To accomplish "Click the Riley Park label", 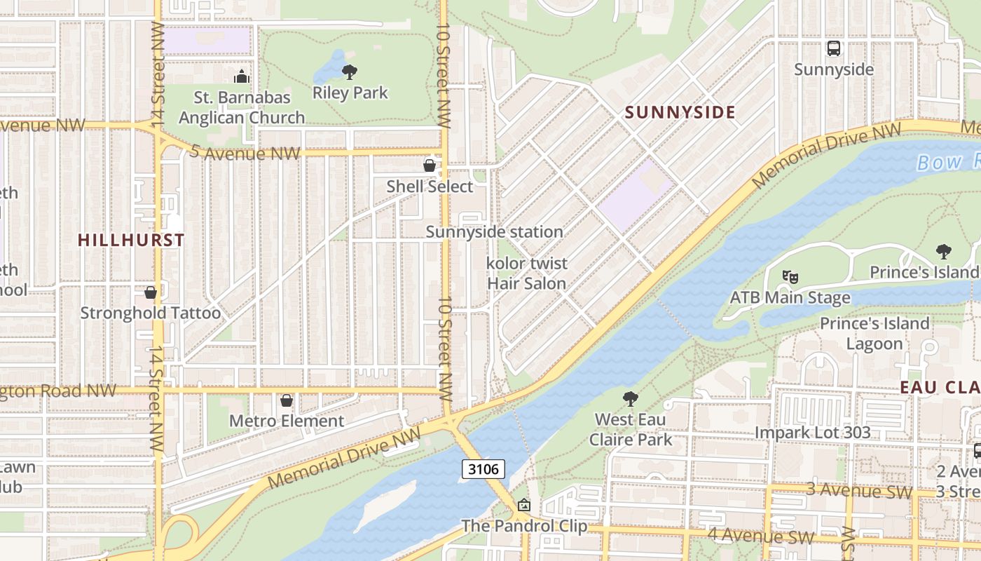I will click(x=350, y=93).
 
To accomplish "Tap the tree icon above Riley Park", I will click(x=350, y=72).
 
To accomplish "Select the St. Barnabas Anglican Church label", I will click(x=242, y=107).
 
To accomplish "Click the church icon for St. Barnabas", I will click(x=242, y=76).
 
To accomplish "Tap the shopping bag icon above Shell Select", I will click(x=430, y=165).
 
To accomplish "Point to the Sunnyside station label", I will click(x=494, y=231).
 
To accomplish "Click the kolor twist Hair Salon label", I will click(x=527, y=273).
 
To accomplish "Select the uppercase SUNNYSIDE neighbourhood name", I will click(x=680, y=112).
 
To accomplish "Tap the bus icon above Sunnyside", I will click(x=833, y=48).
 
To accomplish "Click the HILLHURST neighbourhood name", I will click(x=131, y=240).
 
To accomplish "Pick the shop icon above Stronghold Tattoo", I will click(x=150, y=292).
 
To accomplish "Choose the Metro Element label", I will click(x=287, y=421).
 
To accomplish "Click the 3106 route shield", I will click(x=483, y=469).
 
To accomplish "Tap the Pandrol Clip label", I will click(x=524, y=525).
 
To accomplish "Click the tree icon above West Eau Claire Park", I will click(x=631, y=399).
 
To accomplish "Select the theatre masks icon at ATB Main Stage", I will click(x=790, y=277).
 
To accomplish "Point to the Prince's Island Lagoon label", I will click(x=874, y=333).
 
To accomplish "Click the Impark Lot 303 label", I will click(x=812, y=433).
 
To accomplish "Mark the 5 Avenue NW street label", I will click(x=246, y=154).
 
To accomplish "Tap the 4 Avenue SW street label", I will click(x=760, y=536).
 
